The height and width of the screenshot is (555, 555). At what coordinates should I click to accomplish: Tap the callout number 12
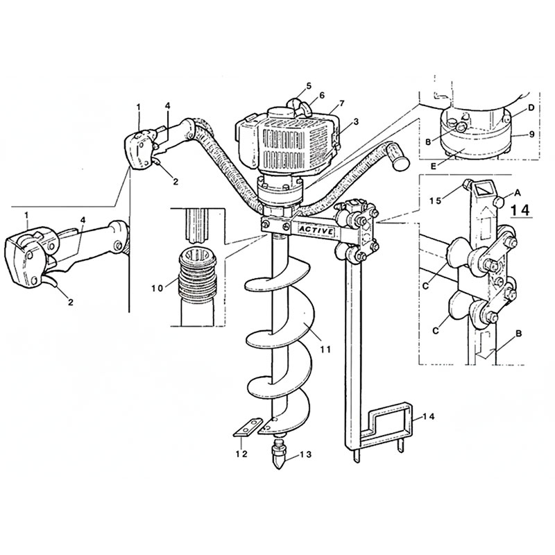pyautogui.click(x=239, y=454)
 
